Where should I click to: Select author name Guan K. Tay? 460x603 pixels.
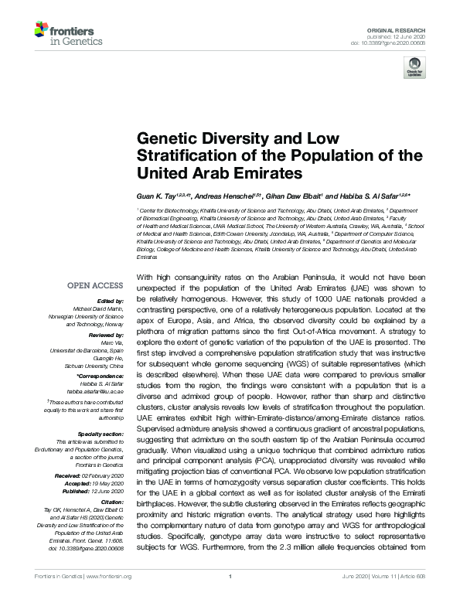[153, 196]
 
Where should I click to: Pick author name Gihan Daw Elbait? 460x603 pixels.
[295, 196]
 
